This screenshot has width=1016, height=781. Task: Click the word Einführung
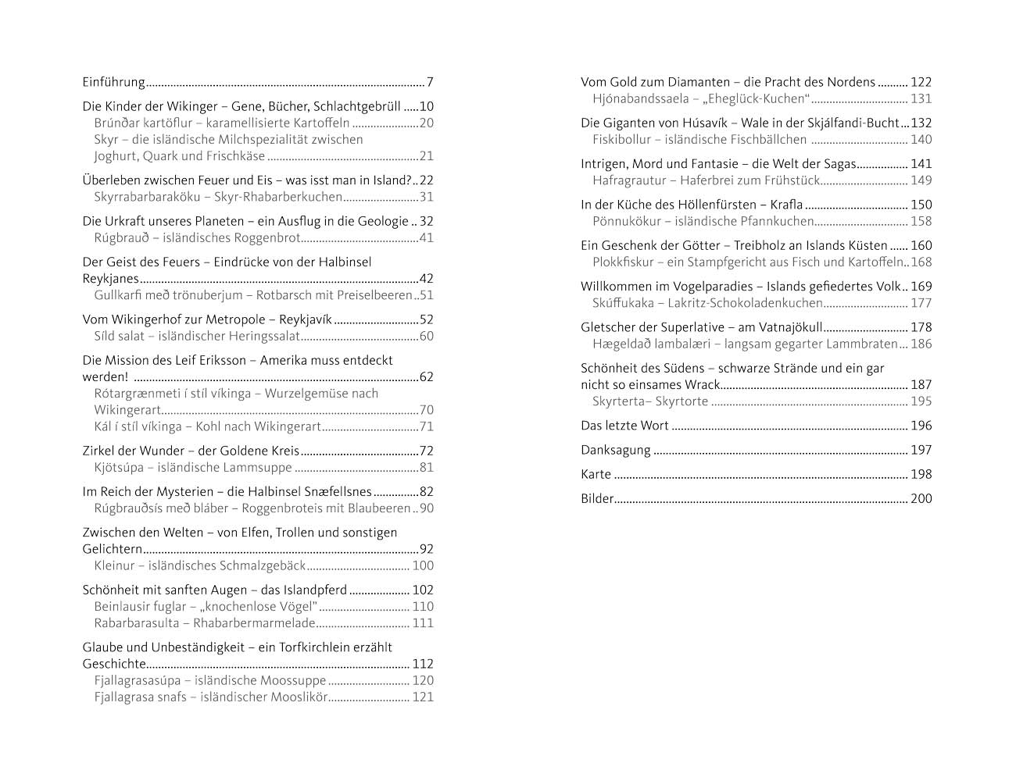click(x=114, y=82)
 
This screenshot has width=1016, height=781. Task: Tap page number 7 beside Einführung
click(x=430, y=82)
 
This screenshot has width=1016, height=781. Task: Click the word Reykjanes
click(x=111, y=279)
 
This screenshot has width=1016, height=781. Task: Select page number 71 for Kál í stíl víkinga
click(x=426, y=426)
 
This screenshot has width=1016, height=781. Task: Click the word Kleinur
click(x=115, y=566)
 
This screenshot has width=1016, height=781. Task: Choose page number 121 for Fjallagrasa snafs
click(x=423, y=697)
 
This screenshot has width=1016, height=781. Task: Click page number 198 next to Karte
click(x=921, y=475)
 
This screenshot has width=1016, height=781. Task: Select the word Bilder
click(x=597, y=499)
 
